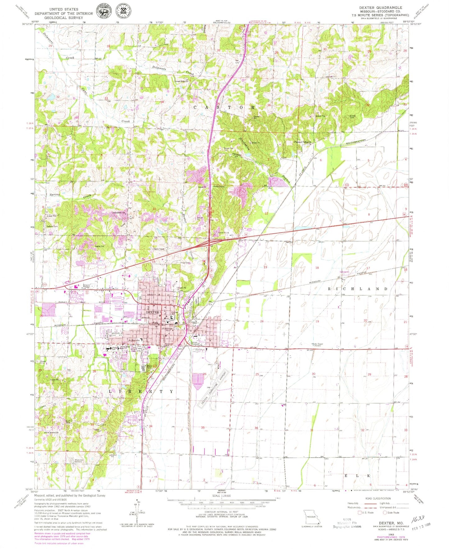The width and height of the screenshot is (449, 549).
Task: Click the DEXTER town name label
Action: pyautogui.click(x=153, y=312)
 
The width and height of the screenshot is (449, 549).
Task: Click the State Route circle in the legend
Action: pyautogui.click(x=385, y=513)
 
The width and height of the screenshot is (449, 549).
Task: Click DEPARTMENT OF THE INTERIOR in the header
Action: pyautogui.click(x=64, y=13)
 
